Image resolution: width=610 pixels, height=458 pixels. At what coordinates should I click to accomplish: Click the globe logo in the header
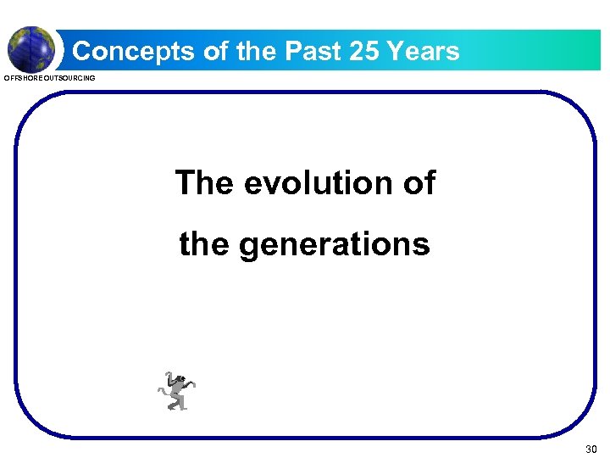31,48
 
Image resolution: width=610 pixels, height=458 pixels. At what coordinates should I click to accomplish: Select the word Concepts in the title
134,52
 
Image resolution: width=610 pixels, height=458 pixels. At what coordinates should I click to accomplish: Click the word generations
335,245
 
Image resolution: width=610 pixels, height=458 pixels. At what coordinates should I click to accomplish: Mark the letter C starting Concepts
83,52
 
